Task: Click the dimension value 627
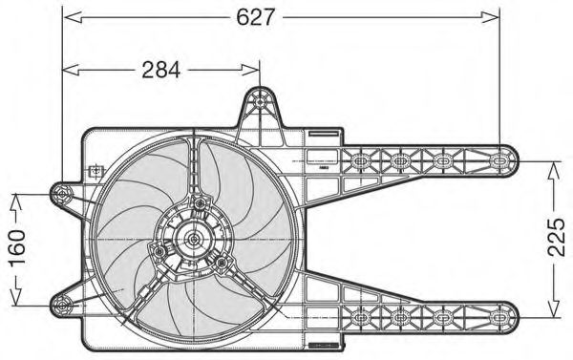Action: [255, 17]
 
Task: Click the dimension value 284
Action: [161, 70]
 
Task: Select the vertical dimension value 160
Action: [17, 248]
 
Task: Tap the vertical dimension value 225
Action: [557, 237]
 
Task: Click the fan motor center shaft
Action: [193, 240]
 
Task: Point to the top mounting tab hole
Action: [260, 102]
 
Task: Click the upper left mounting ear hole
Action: [62, 194]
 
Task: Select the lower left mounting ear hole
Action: [62, 306]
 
